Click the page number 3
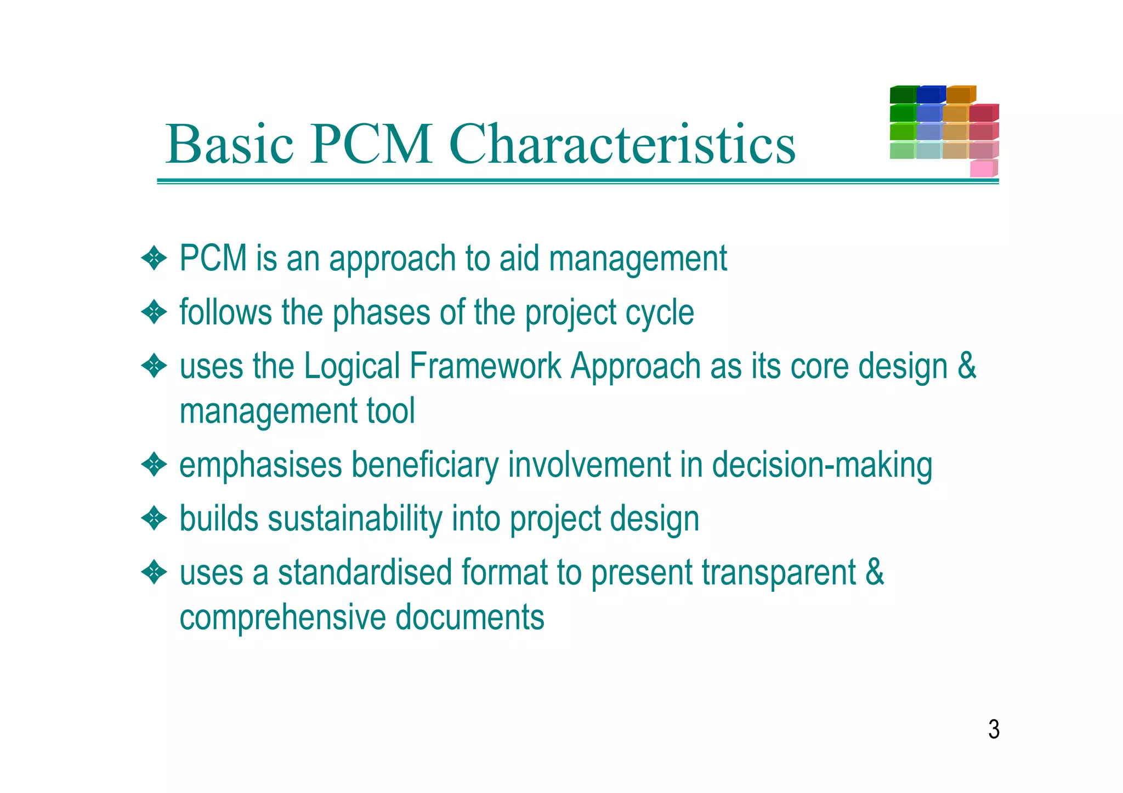(x=994, y=729)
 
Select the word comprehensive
(x=283, y=618)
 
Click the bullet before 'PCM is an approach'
(x=154, y=259)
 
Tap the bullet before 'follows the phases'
(x=154, y=312)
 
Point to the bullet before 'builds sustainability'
(x=154, y=518)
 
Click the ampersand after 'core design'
(x=967, y=366)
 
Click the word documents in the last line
(x=469, y=618)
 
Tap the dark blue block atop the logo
(x=930, y=94)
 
